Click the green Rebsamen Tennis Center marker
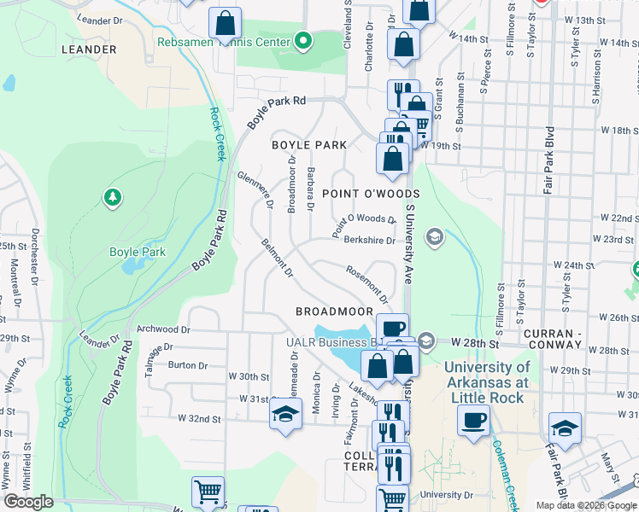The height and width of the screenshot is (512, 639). pyautogui.click(x=302, y=41)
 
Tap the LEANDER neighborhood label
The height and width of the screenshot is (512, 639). pyautogui.click(x=89, y=49)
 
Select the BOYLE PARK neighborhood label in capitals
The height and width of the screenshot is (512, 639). pyautogui.click(x=308, y=145)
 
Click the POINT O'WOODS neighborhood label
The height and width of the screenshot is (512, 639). pyautogui.click(x=359, y=195)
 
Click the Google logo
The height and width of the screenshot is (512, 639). pyautogui.click(x=28, y=502)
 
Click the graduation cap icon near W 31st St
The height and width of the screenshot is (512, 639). pyautogui.click(x=285, y=414)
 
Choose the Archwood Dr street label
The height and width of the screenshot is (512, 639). pyautogui.click(x=163, y=329)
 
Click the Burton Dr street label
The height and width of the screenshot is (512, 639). pyautogui.click(x=188, y=365)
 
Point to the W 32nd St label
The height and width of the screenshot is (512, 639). pyautogui.click(x=199, y=419)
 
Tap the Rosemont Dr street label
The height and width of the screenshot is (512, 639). pyautogui.click(x=367, y=284)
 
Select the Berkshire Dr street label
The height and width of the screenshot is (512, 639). pyautogui.click(x=369, y=241)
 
